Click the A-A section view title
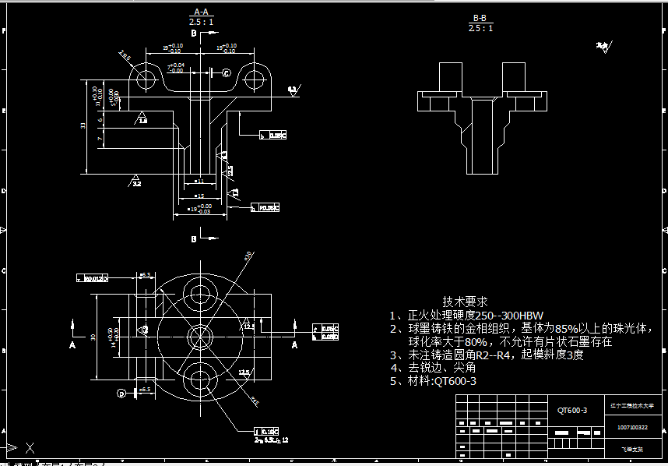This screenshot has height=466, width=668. click(x=201, y=12)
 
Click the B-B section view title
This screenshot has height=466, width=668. click(x=480, y=17)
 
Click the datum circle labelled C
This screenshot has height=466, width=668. click(x=227, y=72)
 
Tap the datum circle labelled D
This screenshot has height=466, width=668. click(x=121, y=393)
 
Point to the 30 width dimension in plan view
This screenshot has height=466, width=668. click(x=93, y=337)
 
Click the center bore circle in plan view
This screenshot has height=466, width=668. click(x=200, y=337)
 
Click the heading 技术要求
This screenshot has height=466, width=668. click(x=465, y=301)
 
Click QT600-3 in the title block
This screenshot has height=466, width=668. click(x=571, y=410)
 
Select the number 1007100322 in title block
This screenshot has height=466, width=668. click(x=632, y=427)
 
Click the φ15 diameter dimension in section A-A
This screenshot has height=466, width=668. click(x=199, y=196)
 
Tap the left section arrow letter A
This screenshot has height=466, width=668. click(x=72, y=344)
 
